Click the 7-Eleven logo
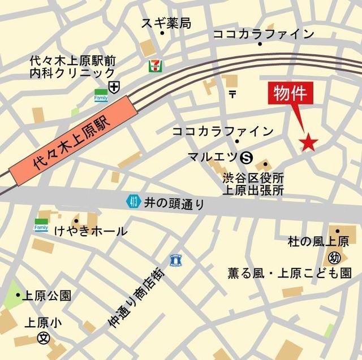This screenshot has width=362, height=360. [x=153, y=66]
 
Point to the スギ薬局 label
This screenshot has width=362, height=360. [x=166, y=23]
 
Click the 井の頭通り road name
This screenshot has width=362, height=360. [x=174, y=203]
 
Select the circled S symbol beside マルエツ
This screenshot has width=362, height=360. [x=245, y=157]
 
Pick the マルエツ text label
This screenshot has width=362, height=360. [x=212, y=157]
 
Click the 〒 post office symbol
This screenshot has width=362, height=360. [x=232, y=93]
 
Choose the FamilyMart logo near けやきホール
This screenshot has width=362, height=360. [x=41, y=225]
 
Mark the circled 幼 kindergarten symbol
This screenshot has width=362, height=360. [x=334, y=258]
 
